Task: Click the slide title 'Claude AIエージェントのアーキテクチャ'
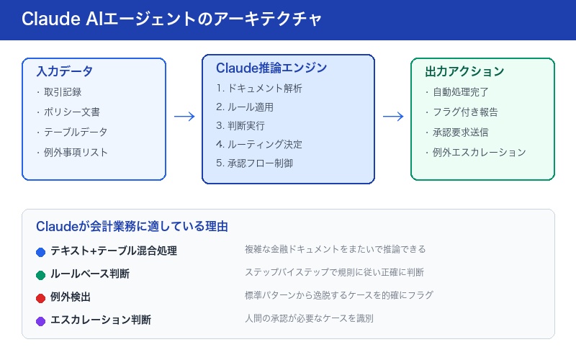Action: click(x=172, y=19)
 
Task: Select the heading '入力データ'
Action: click(x=64, y=71)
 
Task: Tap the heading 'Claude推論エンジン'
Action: click(x=271, y=68)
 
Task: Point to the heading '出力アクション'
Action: click(x=464, y=71)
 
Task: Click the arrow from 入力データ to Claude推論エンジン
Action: click(x=184, y=117)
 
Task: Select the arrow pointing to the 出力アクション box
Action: click(x=392, y=117)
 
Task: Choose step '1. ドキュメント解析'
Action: click(x=259, y=89)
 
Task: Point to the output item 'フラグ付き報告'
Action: click(x=464, y=112)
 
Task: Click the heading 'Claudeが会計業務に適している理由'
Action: click(x=132, y=226)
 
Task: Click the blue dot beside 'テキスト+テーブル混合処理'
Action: click(x=41, y=251)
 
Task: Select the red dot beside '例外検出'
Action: click(x=41, y=297)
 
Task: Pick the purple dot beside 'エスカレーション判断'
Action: click(x=41, y=320)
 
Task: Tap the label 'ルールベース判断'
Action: click(x=90, y=274)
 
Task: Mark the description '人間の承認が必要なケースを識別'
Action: click(x=309, y=318)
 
